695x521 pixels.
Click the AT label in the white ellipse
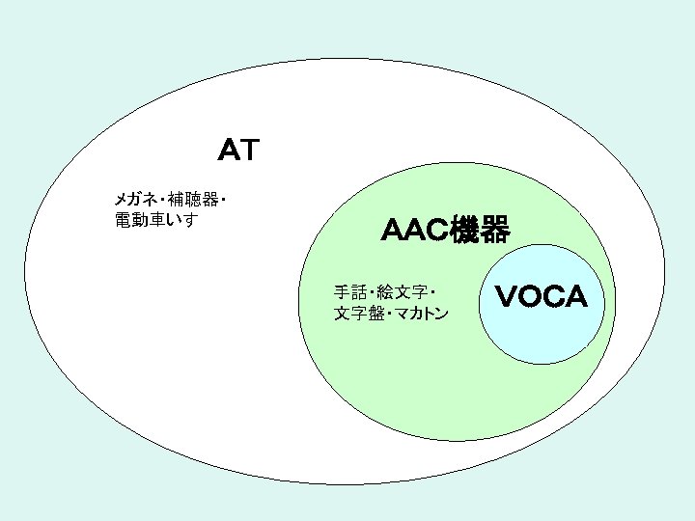(236, 151)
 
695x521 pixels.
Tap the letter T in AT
(249, 151)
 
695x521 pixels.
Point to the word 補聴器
(192, 200)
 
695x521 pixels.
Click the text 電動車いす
(155, 220)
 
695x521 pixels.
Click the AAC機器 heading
(444, 231)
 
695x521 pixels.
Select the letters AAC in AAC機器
(416, 231)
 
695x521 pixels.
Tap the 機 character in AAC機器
(469, 231)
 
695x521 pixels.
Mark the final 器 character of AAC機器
(494, 231)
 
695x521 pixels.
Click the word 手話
(350, 291)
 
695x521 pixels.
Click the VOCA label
(541, 297)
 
